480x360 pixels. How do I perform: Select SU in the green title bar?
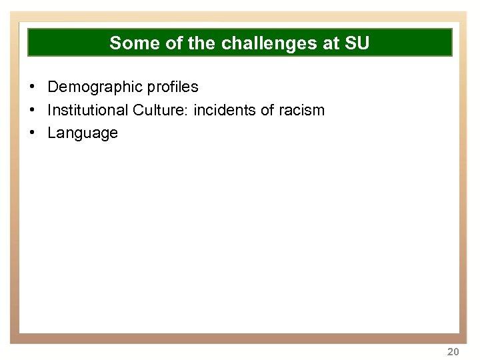[x=356, y=43]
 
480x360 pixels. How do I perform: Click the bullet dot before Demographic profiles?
[x=32, y=87]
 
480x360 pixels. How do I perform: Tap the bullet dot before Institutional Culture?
[x=32, y=110]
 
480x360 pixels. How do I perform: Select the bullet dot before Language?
[x=32, y=133]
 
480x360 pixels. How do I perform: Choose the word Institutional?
[x=88, y=110]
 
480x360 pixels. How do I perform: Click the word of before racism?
[x=267, y=110]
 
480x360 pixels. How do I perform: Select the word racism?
[x=301, y=110]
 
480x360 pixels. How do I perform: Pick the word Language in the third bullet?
[x=83, y=133]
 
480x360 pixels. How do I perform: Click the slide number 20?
[x=453, y=351]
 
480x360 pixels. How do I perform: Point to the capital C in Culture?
[x=138, y=110]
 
